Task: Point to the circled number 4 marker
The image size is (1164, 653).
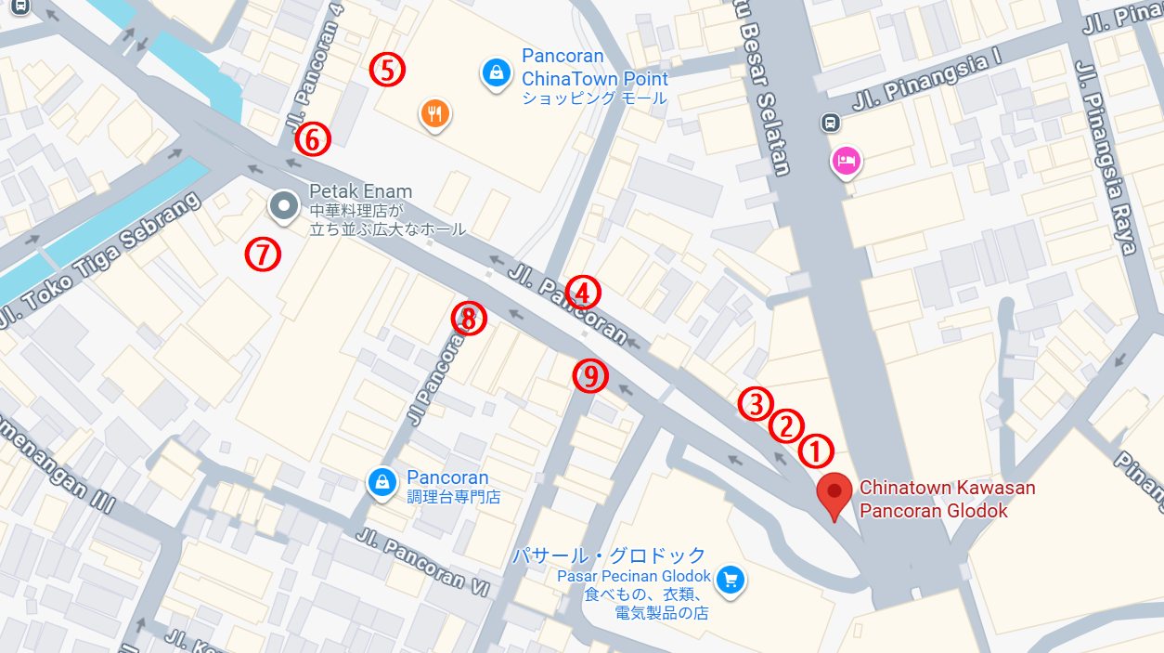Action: coord(583,294)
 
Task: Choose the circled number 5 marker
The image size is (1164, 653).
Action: coord(387,70)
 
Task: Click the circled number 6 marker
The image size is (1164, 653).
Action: coord(313,139)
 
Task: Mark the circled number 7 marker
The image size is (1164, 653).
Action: coord(264,254)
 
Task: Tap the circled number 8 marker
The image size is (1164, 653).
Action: coord(469,319)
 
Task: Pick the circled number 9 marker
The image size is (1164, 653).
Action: coord(590,375)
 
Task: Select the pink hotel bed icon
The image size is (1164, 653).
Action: coord(846,162)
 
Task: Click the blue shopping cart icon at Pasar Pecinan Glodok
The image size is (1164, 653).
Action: coord(731,580)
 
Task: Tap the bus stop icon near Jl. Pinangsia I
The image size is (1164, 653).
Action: coord(830,123)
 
